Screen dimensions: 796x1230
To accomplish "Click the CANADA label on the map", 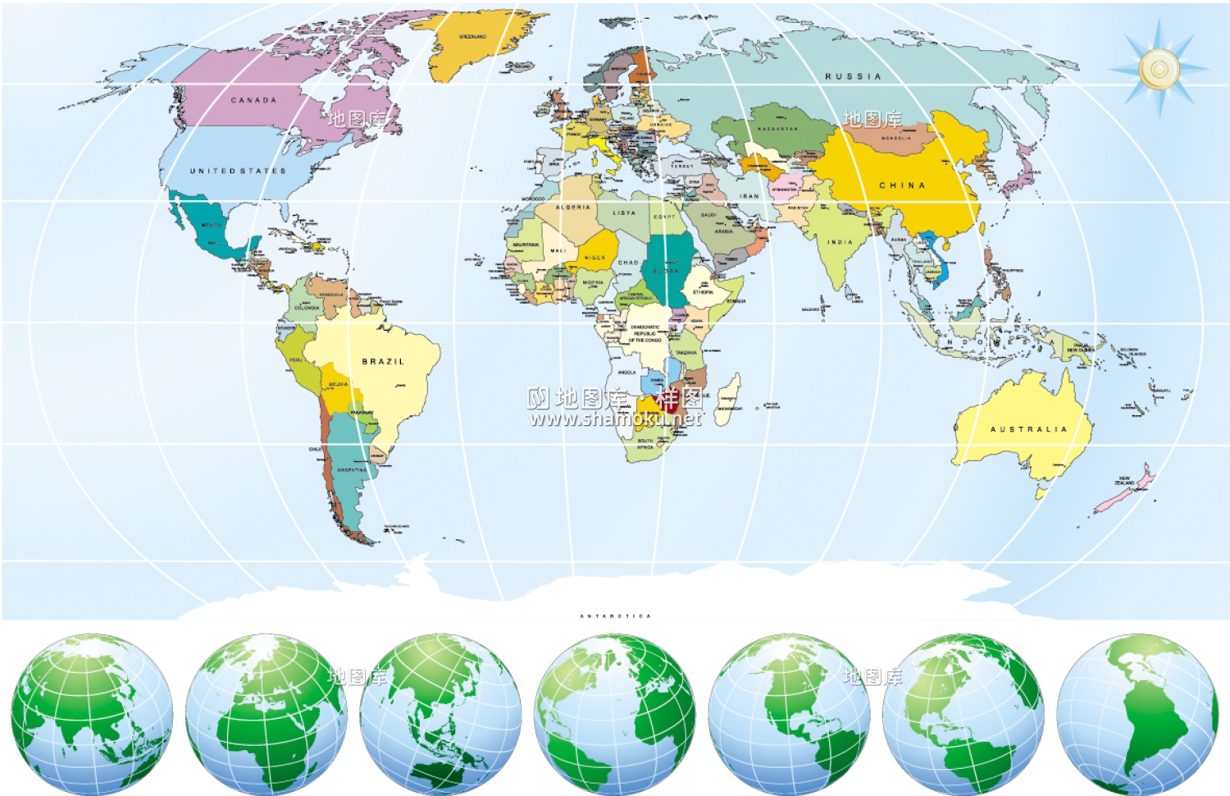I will [x=253, y=100].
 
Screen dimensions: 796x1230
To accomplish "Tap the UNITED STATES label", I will [x=238, y=171].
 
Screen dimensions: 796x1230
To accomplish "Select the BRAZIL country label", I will [x=383, y=361].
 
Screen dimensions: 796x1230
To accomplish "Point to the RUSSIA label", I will [x=853, y=76].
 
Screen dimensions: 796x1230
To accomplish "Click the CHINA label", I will [x=902, y=185].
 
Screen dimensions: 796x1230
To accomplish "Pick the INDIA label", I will [x=840, y=242].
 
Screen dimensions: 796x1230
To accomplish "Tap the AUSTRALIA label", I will [x=1028, y=429].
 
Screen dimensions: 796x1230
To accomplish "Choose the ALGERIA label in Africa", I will [x=573, y=208].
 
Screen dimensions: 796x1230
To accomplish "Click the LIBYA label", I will [x=624, y=213].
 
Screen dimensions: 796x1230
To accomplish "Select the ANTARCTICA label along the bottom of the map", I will [x=615, y=615].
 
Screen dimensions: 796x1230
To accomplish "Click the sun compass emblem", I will [x=1159, y=69].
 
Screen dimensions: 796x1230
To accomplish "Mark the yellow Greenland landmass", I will [x=476, y=45].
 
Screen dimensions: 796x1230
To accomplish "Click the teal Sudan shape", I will [x=666, y=267].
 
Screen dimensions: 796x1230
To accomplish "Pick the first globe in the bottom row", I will [x=92, y=714].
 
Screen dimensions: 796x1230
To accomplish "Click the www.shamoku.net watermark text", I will [x=615, y=419].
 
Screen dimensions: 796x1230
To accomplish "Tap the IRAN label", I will [x=749, y=196].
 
